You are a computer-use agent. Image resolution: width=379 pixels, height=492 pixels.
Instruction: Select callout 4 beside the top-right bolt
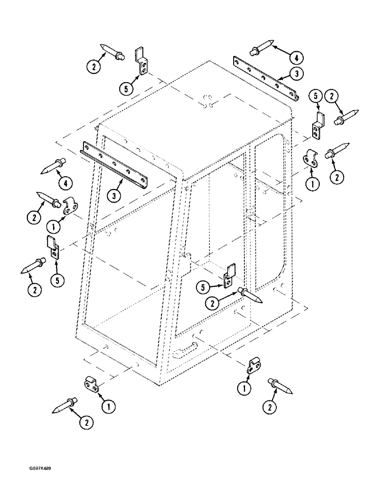(x=296, y=58)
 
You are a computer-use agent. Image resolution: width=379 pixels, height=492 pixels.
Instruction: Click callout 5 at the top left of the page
(x=126, y=89)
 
